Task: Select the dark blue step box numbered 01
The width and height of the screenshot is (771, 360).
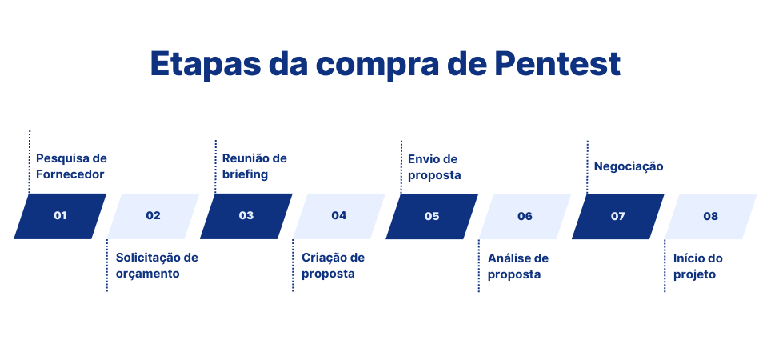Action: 60,216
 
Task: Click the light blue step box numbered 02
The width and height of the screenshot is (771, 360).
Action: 153,216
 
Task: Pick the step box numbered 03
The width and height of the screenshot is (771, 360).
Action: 246,216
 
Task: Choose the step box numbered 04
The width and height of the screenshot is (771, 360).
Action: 339,216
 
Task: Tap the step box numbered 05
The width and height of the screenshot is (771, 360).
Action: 432,216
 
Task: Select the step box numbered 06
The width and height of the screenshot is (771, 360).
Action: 525,216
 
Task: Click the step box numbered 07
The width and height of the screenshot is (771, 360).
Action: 617,216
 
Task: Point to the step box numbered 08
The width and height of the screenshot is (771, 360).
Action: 710,216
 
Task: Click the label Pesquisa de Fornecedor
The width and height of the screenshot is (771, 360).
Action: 71,166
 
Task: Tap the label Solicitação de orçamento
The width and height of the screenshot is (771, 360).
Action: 157,266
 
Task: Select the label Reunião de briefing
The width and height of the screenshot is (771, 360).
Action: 254,166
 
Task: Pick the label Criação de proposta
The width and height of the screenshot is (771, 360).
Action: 333,266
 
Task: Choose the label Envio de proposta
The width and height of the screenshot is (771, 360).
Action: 434,167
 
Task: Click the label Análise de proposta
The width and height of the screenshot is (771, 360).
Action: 518,266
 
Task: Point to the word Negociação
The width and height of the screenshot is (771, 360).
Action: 629,166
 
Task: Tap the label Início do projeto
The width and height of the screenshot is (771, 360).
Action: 697,266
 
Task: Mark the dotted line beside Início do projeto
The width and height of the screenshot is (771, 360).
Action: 665,266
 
